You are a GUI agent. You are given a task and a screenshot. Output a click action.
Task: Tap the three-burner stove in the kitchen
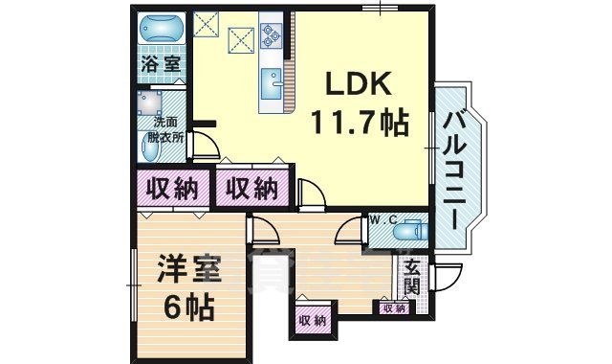pyautogui.click(x=271, y=35)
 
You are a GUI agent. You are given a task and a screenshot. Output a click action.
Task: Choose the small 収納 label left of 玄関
pyautogui.click(x=393, y=308)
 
